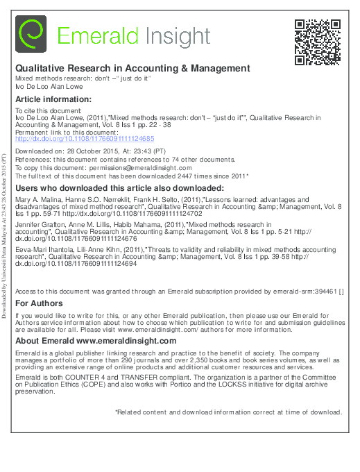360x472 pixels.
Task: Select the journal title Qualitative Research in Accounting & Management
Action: pos(132,69)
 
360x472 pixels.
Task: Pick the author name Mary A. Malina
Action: pos(35,199)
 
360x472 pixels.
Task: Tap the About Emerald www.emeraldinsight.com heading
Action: pos(96,342)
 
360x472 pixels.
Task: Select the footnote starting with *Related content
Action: pos(228,412)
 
